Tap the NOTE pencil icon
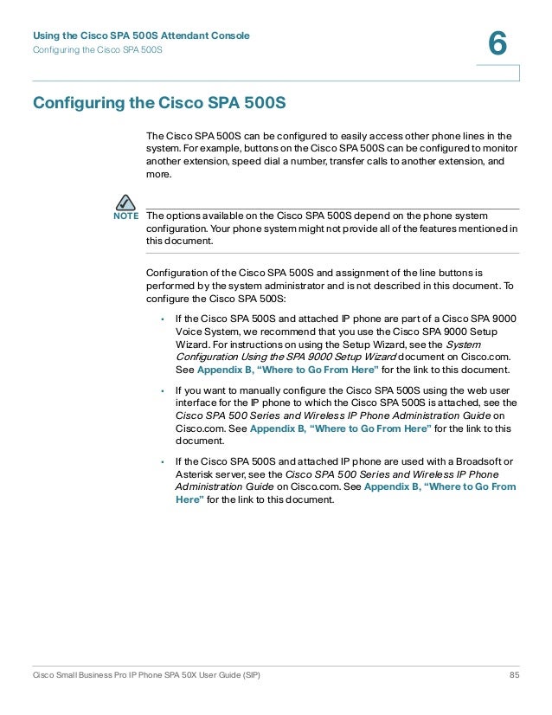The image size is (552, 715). [126, 203]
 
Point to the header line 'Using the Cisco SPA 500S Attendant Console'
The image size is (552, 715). [141, 35]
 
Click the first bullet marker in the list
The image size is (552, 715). [163, 319]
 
